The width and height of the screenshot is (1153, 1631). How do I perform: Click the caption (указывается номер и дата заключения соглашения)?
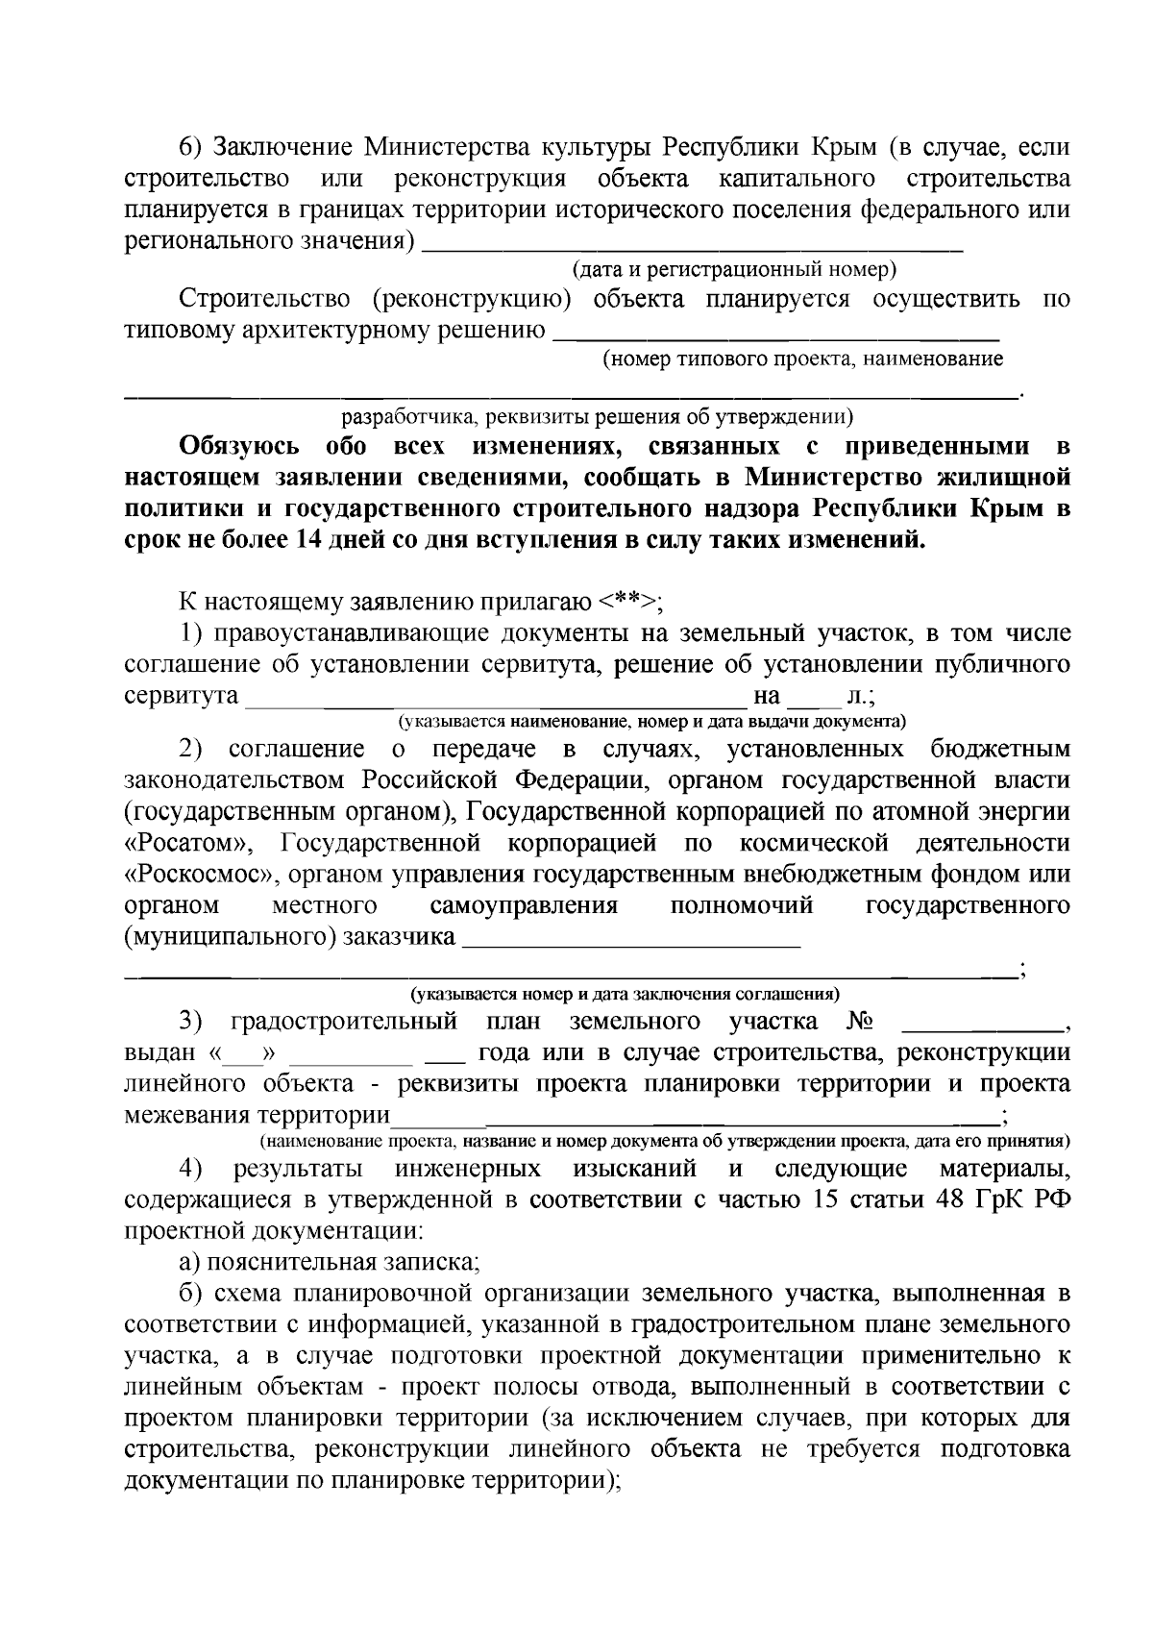click(625, 994)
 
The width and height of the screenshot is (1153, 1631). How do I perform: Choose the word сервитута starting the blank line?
click(182, 695)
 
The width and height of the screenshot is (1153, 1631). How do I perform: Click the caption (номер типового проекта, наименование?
click(802, 359)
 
